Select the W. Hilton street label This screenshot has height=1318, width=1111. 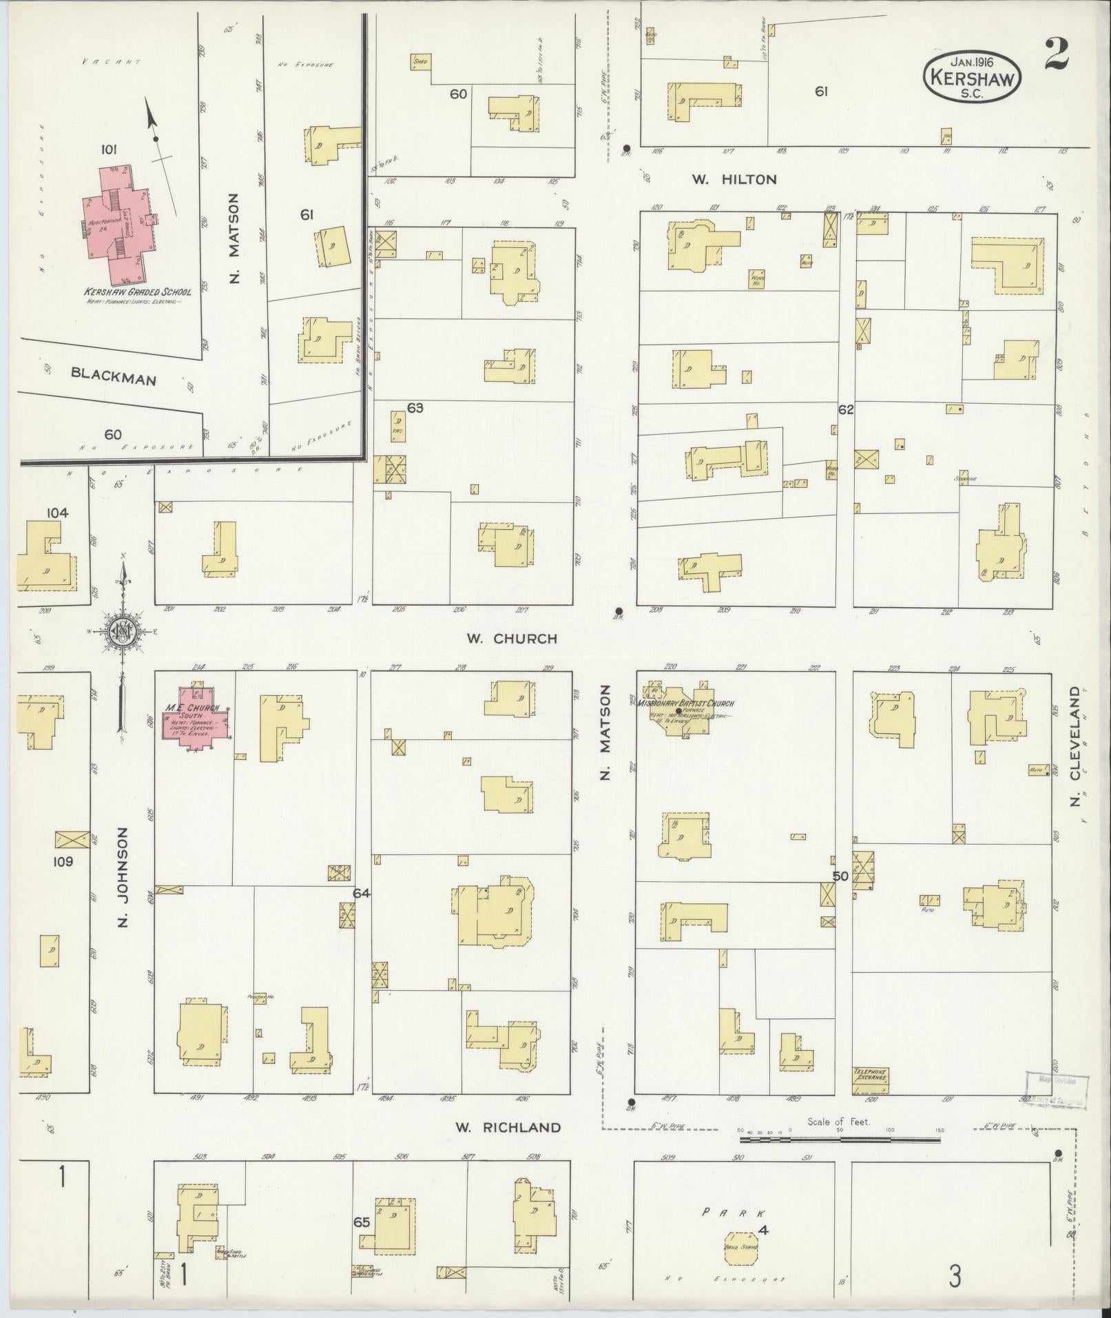(734, 179)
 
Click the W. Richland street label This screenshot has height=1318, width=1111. (508, 1127)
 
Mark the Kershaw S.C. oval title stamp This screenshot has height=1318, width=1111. (972, 78)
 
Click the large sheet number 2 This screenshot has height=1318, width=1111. (1056, 54)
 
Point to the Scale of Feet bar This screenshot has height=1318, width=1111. (838, 1140)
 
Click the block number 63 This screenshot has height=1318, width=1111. (415, 408)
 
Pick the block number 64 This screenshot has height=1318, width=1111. (362, 893)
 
